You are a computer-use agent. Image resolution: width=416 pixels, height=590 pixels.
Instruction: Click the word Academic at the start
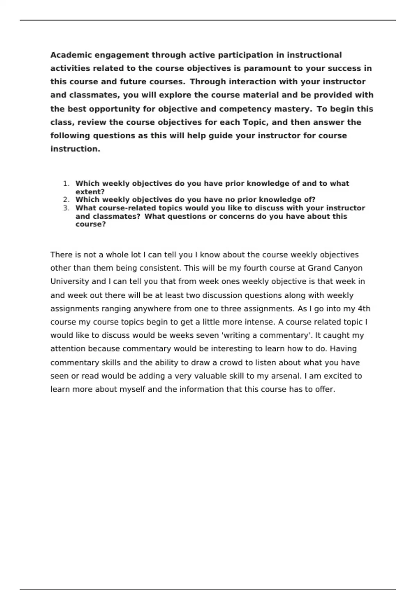[71, 55]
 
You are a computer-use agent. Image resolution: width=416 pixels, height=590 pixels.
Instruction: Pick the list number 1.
[66, 184]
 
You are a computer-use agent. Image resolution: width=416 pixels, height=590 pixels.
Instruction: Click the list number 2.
[66, 200]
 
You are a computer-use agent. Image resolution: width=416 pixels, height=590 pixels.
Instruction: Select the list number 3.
[66, 208]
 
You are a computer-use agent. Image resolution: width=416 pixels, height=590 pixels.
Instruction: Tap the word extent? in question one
[90, 192]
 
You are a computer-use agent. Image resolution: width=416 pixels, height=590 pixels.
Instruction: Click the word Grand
[319, 268]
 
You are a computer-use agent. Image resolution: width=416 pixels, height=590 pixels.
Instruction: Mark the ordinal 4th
[364, 309]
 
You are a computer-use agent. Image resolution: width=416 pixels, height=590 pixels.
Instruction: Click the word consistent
[160, 268]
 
